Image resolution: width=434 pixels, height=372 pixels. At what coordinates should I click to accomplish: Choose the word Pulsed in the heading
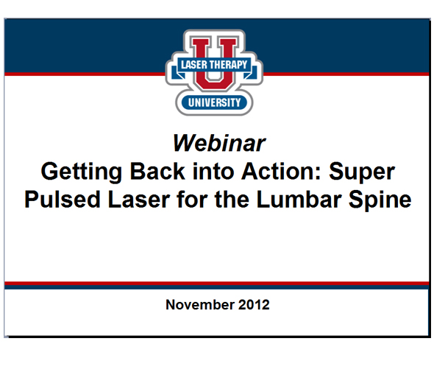[x=60, y=200]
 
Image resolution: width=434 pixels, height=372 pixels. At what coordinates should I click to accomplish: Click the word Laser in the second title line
[x=133, y=200]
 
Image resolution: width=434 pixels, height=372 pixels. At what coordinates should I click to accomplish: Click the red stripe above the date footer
[x=217, y=283]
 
